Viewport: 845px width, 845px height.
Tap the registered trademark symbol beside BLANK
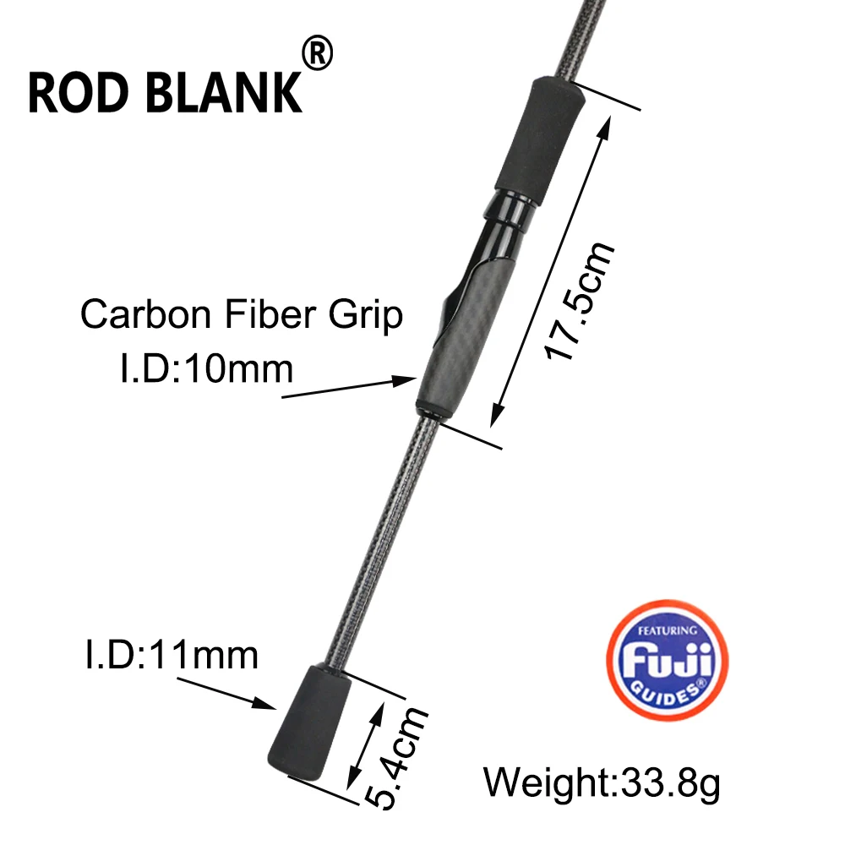(x=317, y=52)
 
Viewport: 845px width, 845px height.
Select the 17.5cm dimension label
(x=579, y=301)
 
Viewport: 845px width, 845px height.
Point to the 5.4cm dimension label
(x=396, y=758)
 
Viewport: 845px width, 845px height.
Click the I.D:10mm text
(x=206, y=369)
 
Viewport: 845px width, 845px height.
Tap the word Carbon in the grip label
(x=145, y=313)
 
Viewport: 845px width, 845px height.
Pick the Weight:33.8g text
(x=602, y=782)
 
